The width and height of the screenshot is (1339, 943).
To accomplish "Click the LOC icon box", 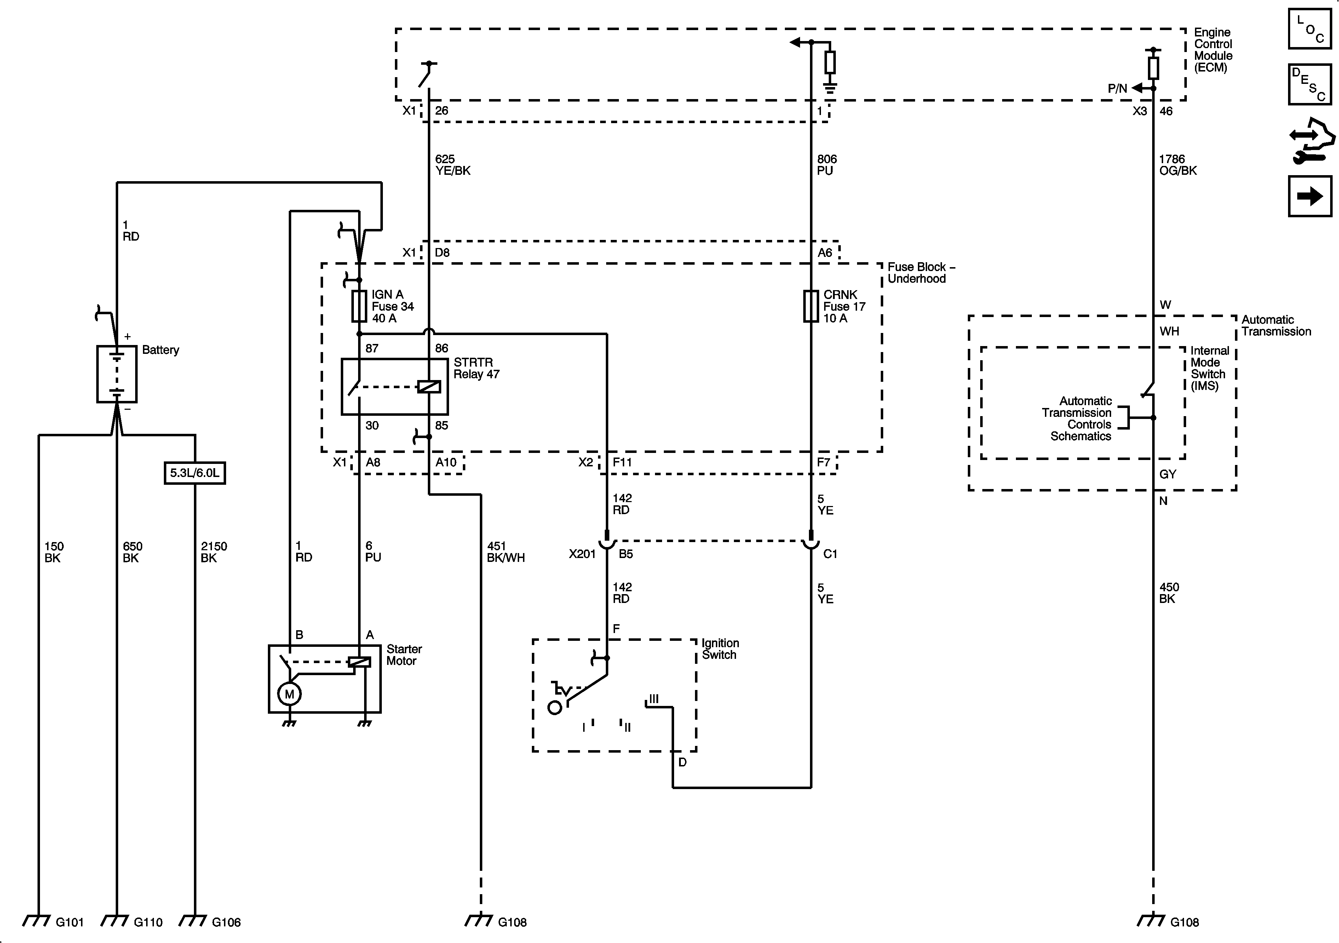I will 1310,29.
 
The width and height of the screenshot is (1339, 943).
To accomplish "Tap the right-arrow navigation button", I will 1310,196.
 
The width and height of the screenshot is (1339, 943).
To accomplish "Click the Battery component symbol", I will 117,374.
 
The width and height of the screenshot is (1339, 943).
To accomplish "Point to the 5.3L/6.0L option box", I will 195,473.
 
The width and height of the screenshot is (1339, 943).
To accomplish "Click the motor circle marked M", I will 289,694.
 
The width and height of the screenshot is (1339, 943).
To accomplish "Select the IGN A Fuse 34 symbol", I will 359,306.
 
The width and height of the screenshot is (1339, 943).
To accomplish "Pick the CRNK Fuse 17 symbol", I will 811,306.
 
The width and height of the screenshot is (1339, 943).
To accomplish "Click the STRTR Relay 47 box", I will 395,387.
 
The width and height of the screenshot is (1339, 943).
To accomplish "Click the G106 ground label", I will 226,922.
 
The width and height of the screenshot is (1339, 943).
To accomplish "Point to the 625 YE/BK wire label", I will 453,165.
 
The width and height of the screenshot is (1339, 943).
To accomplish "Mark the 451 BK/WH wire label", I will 506,552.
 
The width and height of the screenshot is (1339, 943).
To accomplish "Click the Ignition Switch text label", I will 720,649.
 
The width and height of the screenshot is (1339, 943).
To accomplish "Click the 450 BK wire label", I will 1169,592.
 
